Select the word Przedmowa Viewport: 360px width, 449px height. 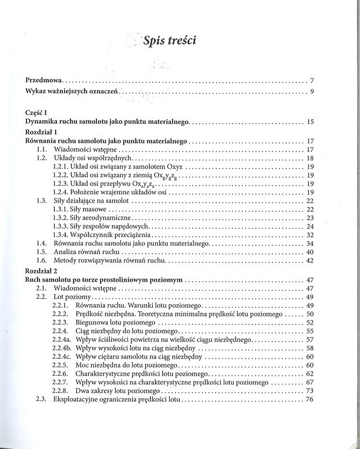pos(44,80)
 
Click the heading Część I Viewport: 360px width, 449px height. pos(37,112)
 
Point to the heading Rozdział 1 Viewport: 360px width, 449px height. pos(42,132)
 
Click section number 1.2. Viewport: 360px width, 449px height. pos(42,158)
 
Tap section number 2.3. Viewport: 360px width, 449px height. pos(41,400)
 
